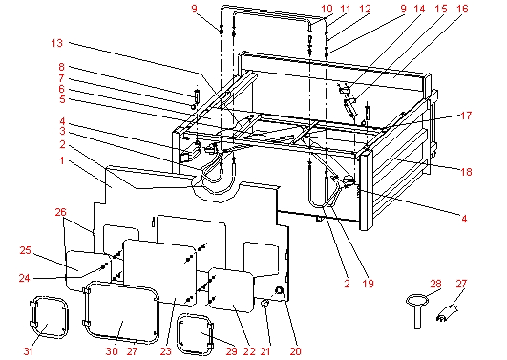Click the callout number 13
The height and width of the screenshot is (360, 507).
(56, 43)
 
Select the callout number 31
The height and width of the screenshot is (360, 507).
(29, 351)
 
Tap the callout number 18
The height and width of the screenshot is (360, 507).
(466, 172)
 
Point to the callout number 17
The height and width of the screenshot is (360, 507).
(466, 116)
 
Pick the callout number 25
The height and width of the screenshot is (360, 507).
(25, 250)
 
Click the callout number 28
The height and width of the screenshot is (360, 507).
(435, 284)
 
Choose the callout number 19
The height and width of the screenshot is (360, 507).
(368, 284)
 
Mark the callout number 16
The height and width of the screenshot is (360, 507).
(462, 9)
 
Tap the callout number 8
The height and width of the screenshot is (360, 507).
(61, 67)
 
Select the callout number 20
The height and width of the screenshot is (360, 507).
(295, 351)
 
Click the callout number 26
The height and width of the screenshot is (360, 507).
(60, 212)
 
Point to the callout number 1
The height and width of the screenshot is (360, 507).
(62, 160)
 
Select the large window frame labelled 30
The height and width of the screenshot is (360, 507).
(86, 310)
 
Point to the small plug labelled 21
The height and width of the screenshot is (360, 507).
(264, 303)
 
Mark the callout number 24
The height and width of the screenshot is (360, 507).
(24, 278)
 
